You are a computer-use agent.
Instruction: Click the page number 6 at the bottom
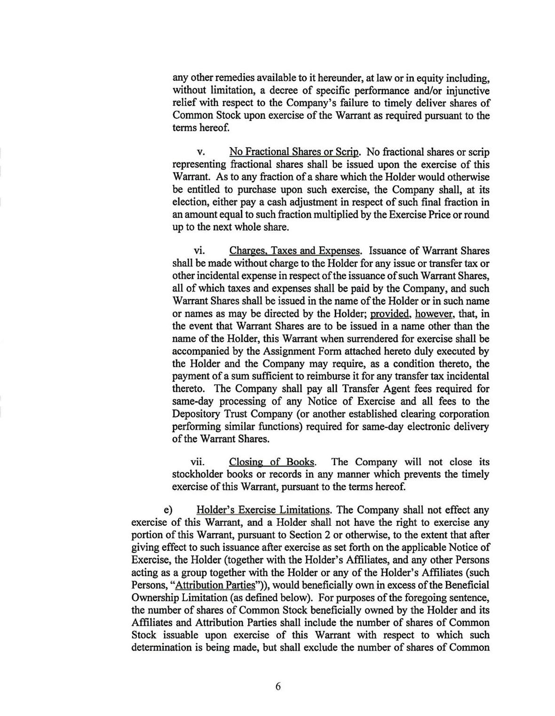pyautogui.click(x=278, y=686)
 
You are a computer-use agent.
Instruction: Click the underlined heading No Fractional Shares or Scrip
pyautogui.click(x=294, y=152)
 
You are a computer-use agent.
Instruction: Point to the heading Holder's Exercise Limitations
pyautogui.click(x=263, y=510)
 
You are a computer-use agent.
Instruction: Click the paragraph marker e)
pyautogui.click(x=168, y=510)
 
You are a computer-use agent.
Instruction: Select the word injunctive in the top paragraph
pyautogui.click(x=465, y=91)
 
